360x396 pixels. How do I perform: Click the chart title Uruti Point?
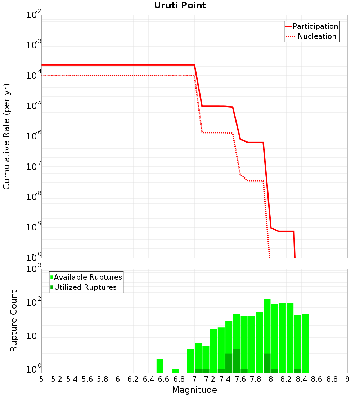tap(180, 5)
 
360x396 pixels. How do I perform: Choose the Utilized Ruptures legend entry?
tap(85, 287)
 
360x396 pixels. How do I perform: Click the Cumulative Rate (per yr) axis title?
tap(6, 136)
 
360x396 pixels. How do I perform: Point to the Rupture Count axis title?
tap(14, 321)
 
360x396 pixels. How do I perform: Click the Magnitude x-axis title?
tap(194, 390)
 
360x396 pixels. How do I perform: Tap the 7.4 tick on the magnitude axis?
tap(225, 379)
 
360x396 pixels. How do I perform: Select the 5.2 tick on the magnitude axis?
tap(57, 379)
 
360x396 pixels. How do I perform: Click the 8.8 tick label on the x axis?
tap(332, 379)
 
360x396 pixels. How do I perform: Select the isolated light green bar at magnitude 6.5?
tap(160, 366)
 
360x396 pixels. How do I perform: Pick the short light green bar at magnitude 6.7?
tap(175, 371)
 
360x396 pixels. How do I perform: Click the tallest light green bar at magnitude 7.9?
tap(267, 324)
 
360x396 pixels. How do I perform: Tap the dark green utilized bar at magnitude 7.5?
tap(237, 361)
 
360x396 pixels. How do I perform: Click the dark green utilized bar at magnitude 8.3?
tap(298, 371)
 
